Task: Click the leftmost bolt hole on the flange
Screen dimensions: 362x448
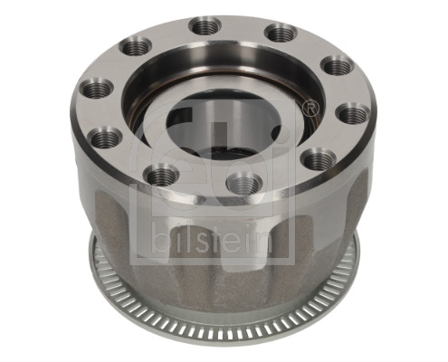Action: tap(96, 89)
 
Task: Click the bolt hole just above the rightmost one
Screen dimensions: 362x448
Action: tap(338, 66)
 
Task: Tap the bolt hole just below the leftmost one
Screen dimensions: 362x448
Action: tap(106, 138)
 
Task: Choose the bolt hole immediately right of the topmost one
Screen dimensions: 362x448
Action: tap(280, 33)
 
